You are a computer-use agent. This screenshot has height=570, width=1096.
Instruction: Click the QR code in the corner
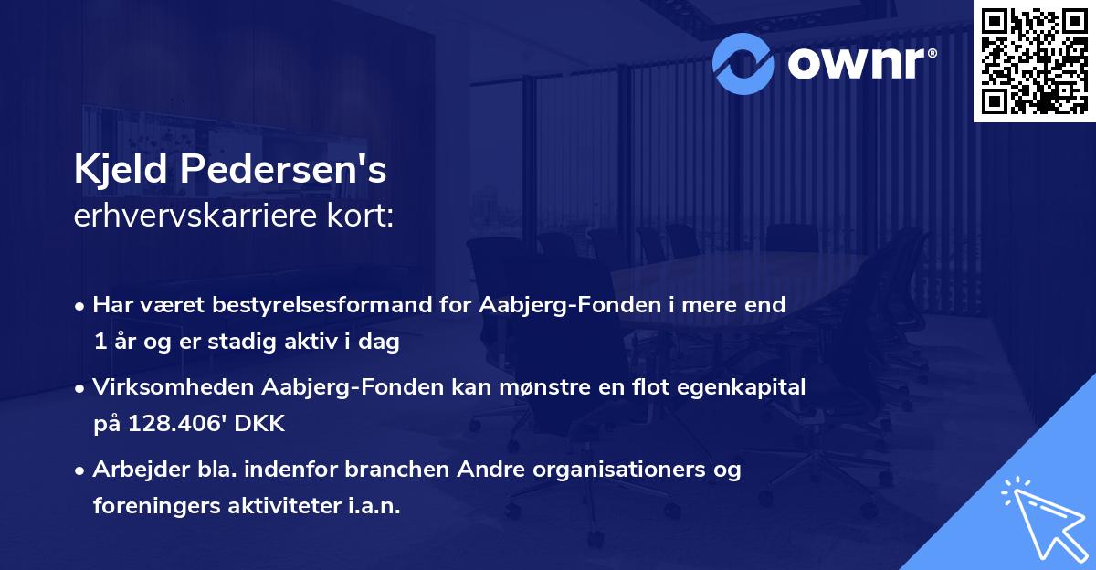(1035, 60)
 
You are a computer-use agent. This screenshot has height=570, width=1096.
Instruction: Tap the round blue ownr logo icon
(743, 61)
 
